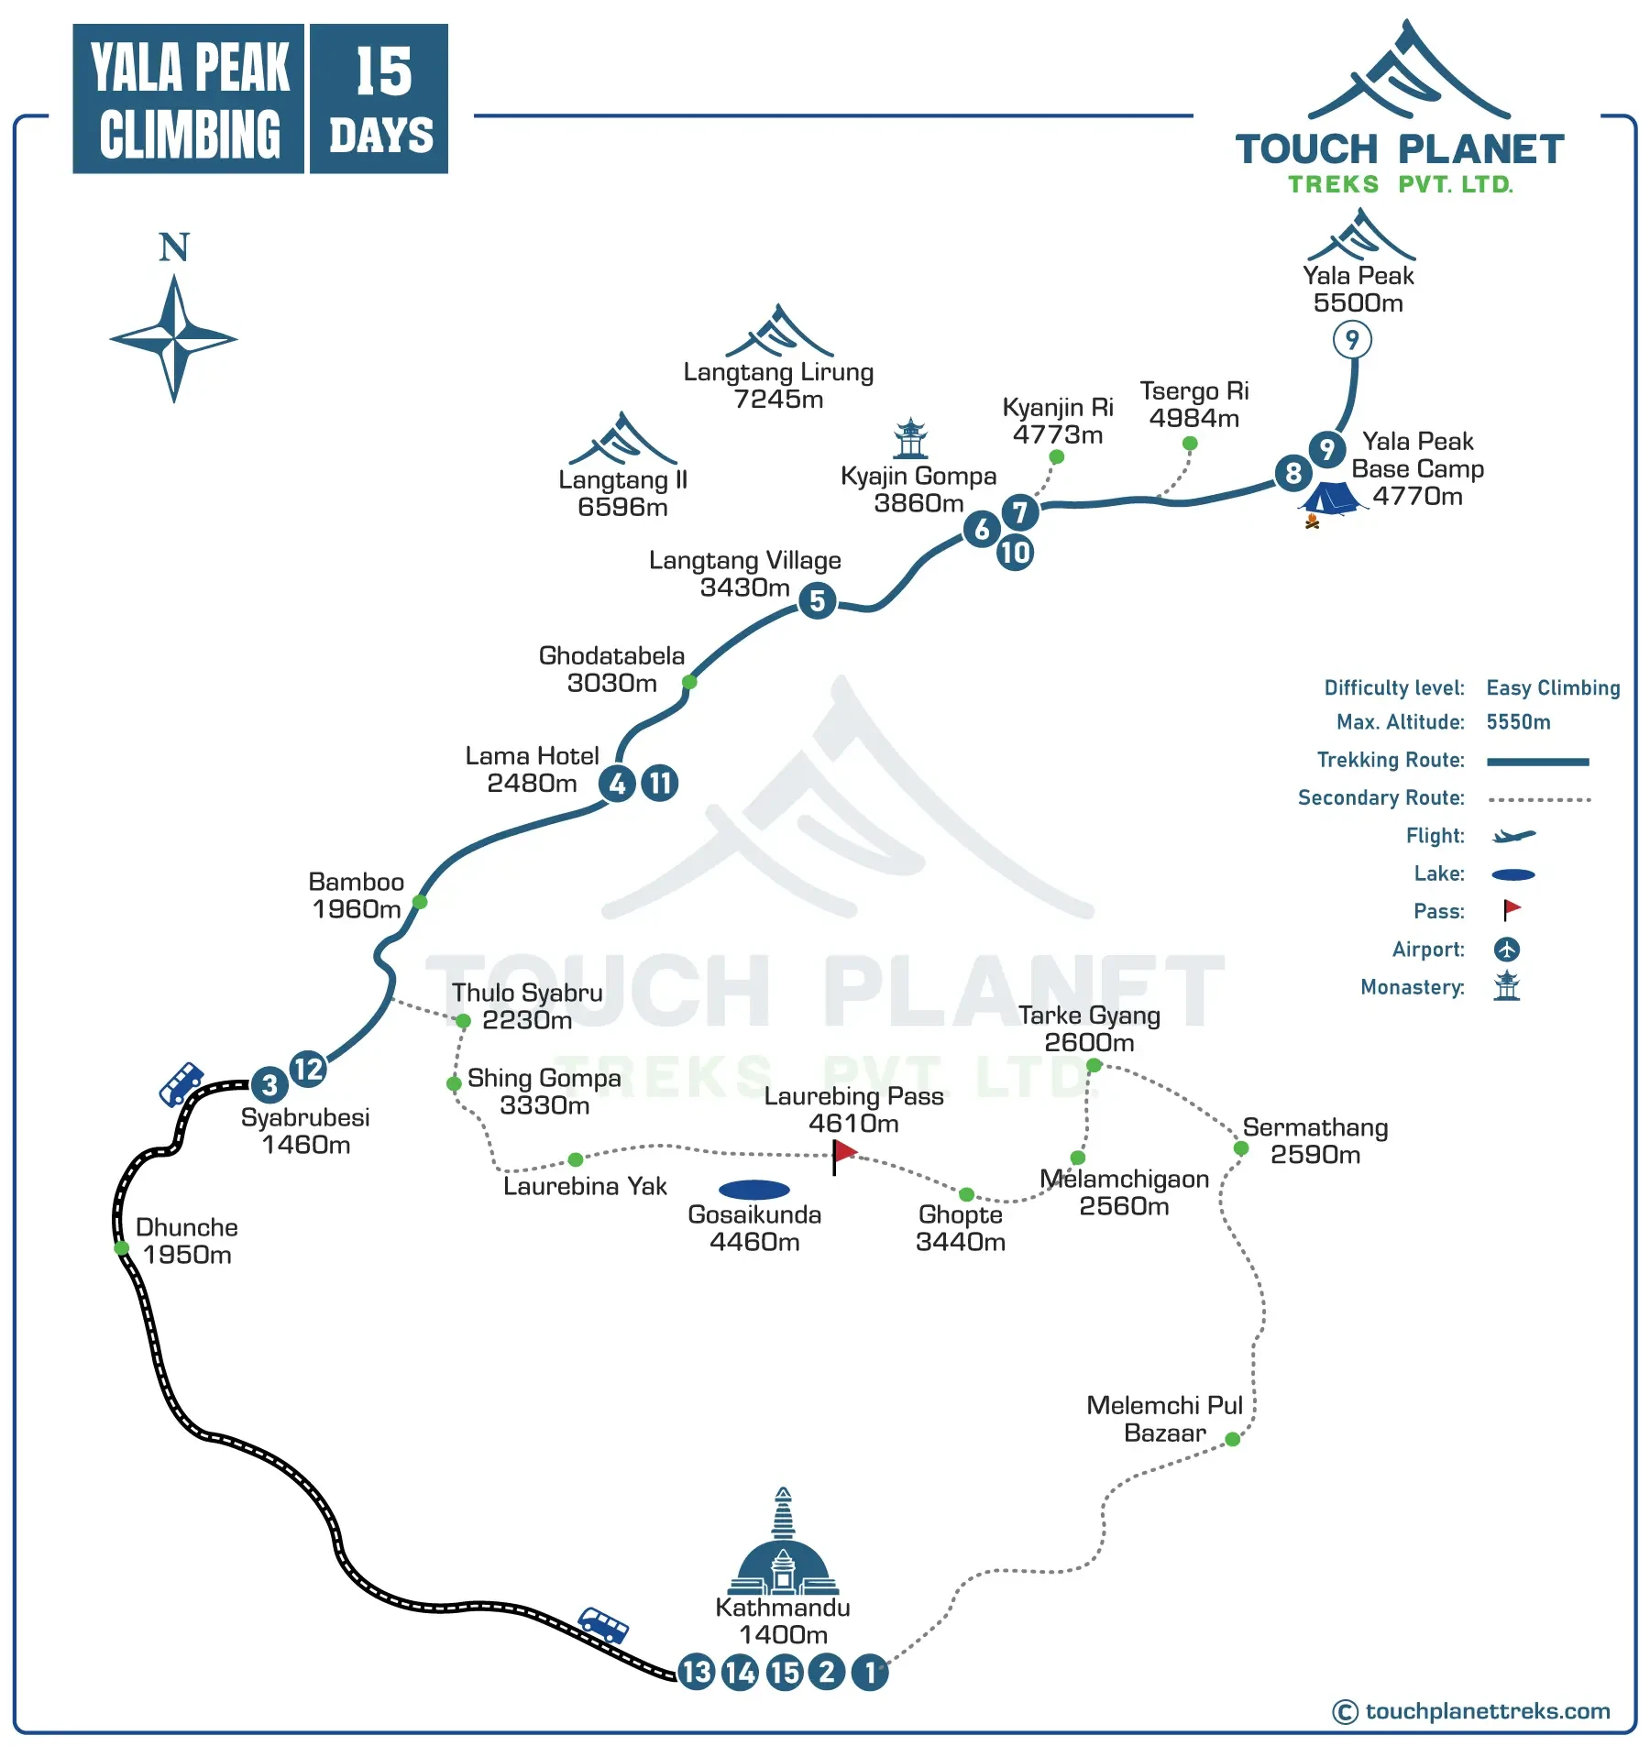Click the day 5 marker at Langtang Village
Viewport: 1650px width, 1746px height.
817,601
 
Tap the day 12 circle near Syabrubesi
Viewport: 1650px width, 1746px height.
308,1069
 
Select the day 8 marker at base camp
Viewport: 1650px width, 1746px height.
1292,473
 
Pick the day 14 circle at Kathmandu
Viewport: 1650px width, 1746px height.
740,1673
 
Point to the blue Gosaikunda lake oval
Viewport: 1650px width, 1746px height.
754,1190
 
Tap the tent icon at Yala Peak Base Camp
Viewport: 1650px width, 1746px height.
1330,500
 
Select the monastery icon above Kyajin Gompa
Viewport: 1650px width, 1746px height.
910,438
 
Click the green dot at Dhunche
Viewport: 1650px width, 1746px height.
121,1248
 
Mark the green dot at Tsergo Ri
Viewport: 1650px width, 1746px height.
1190,444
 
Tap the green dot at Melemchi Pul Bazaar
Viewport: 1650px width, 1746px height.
1233,1440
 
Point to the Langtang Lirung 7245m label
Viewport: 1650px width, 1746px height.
778,386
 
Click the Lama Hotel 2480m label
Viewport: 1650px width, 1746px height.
532,769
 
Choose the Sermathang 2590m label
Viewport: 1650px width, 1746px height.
1314,1141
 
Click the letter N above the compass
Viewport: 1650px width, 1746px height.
174,247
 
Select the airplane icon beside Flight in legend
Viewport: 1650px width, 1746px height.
1513,836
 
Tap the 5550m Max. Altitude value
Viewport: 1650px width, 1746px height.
1518,722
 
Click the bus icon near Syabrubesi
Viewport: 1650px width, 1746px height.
181,1083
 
